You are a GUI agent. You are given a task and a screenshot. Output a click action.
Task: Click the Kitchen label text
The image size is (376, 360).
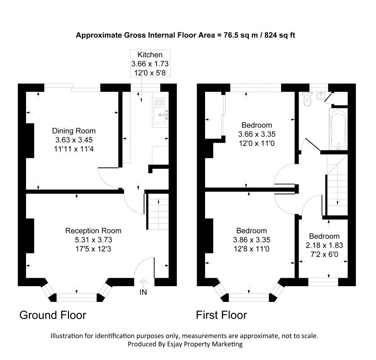coord(150,55)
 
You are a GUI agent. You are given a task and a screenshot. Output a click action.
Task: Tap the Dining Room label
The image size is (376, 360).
coord(74,131)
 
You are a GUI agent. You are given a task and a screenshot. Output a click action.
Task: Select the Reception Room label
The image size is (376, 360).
coord(93,231)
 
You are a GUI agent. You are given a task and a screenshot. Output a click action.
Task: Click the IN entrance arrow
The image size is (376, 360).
coord(143,283)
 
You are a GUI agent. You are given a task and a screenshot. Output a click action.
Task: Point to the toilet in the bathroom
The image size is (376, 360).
coord(307,99)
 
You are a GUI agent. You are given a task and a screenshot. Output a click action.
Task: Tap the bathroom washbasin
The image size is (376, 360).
coord(321,95)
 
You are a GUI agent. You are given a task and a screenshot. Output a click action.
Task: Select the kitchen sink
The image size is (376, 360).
coord(161,115)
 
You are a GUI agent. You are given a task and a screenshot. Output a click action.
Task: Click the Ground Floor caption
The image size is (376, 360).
coord(53,315)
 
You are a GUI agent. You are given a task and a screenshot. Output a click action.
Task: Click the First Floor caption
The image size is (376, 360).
coord(221,315)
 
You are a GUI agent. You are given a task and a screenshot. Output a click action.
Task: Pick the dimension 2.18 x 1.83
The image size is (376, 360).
coord(324,245)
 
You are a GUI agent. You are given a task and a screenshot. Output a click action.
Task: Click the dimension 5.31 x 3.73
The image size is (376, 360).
coord(94,240)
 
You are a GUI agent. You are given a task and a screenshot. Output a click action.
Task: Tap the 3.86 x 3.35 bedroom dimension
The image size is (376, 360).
coord(251,240)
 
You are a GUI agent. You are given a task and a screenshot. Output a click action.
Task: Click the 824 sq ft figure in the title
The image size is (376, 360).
coord(280,35)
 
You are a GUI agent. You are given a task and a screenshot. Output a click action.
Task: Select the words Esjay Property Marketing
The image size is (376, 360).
coord(204,344)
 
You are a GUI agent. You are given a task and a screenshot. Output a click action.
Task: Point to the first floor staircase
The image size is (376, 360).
coord(337,185)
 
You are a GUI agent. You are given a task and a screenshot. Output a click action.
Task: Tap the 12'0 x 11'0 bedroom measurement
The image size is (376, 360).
coord(257,143)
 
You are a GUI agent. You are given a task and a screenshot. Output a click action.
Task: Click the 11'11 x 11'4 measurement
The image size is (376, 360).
coord(74,149)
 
